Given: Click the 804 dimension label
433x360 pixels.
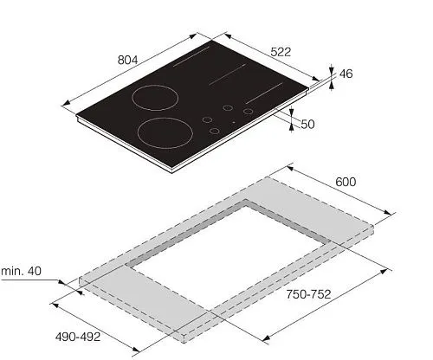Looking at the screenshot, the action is (128, 60).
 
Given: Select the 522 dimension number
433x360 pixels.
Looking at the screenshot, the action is (281, 52).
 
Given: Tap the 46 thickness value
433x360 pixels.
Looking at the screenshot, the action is (346, 74).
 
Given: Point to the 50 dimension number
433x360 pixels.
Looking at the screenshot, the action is (307, 125).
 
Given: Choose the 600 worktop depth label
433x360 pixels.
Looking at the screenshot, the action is (346, 182).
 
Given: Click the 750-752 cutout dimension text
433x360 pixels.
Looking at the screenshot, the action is (308, 294).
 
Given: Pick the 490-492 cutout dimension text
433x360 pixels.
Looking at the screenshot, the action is (78, 337).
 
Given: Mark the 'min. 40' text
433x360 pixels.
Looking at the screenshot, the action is (22, 271).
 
